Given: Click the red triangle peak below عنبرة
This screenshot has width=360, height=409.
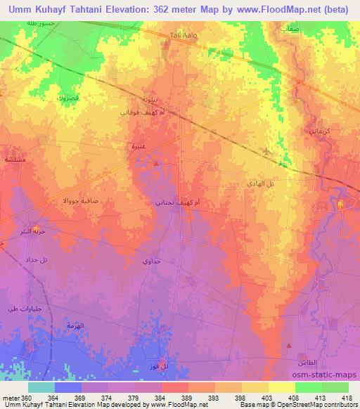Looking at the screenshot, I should pyautogui.click(x=155, y=164).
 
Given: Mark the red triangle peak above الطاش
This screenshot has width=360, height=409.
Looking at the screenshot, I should pyautogui.click(x=289, y=345).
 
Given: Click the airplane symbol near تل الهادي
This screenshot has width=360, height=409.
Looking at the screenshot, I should pyautogui.click(x=266, y=152).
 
